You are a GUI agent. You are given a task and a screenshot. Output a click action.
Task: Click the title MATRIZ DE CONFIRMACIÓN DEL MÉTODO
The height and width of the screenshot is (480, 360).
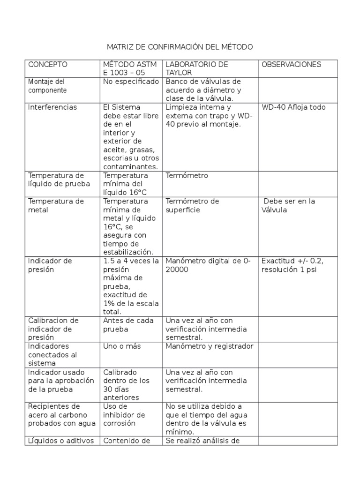(x=180, y=47)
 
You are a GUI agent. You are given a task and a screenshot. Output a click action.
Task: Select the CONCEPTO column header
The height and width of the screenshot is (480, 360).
(x=48, y=64)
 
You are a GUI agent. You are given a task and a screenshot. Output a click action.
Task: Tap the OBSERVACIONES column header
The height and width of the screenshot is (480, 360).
(x=291, y=64)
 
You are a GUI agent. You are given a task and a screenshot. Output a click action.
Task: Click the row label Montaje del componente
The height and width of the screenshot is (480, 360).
(x=48, y=86)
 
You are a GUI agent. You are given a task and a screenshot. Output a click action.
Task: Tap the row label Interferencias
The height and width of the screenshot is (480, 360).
(x=53, y=107)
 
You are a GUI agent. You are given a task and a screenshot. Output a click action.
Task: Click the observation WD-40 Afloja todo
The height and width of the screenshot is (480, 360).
(x=293, y=107)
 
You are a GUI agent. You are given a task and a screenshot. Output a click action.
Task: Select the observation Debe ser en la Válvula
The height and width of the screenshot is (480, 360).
(x=288, y=206)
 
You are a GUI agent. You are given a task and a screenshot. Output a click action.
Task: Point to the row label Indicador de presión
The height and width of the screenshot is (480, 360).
(x=50, y=265)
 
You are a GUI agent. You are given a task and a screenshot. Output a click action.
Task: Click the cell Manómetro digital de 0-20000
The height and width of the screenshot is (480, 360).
(x=208, y=265)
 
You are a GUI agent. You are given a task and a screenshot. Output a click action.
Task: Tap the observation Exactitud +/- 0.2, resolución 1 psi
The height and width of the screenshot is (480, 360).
(x=292, y=265)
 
